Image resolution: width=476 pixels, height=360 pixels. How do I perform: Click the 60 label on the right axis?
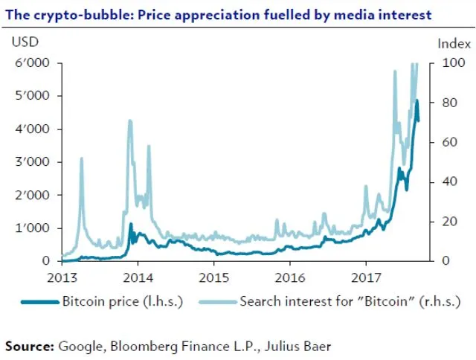[x=444, y=142]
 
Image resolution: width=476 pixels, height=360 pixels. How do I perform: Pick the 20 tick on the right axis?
[x=444, y=222]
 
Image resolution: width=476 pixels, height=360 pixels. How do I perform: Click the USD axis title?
[x=25, y=42]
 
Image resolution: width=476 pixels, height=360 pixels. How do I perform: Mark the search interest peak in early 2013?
[x=81, y=158]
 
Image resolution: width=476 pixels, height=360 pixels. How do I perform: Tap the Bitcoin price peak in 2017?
[x=416, y=100]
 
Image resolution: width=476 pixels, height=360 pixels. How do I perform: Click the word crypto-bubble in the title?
[x=71, y=14]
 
